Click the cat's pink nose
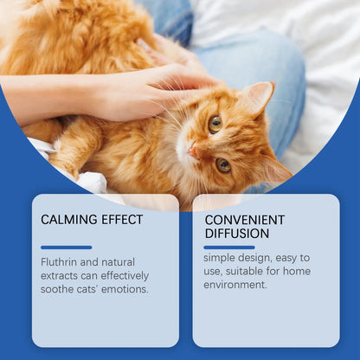click(x=192, y=152)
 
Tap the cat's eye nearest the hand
click(x=214, y=123)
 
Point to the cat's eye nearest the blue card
click(x=223, y=164)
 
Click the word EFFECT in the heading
click(x=123, y=220)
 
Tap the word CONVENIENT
click(x=245, y=219)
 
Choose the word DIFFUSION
click(x=235, y=234)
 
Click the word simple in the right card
click(x=221, y=258)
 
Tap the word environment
click(x=235, y=285)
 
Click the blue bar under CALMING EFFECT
click(x=66, y=247)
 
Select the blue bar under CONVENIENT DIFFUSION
click(x=229, y=247)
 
